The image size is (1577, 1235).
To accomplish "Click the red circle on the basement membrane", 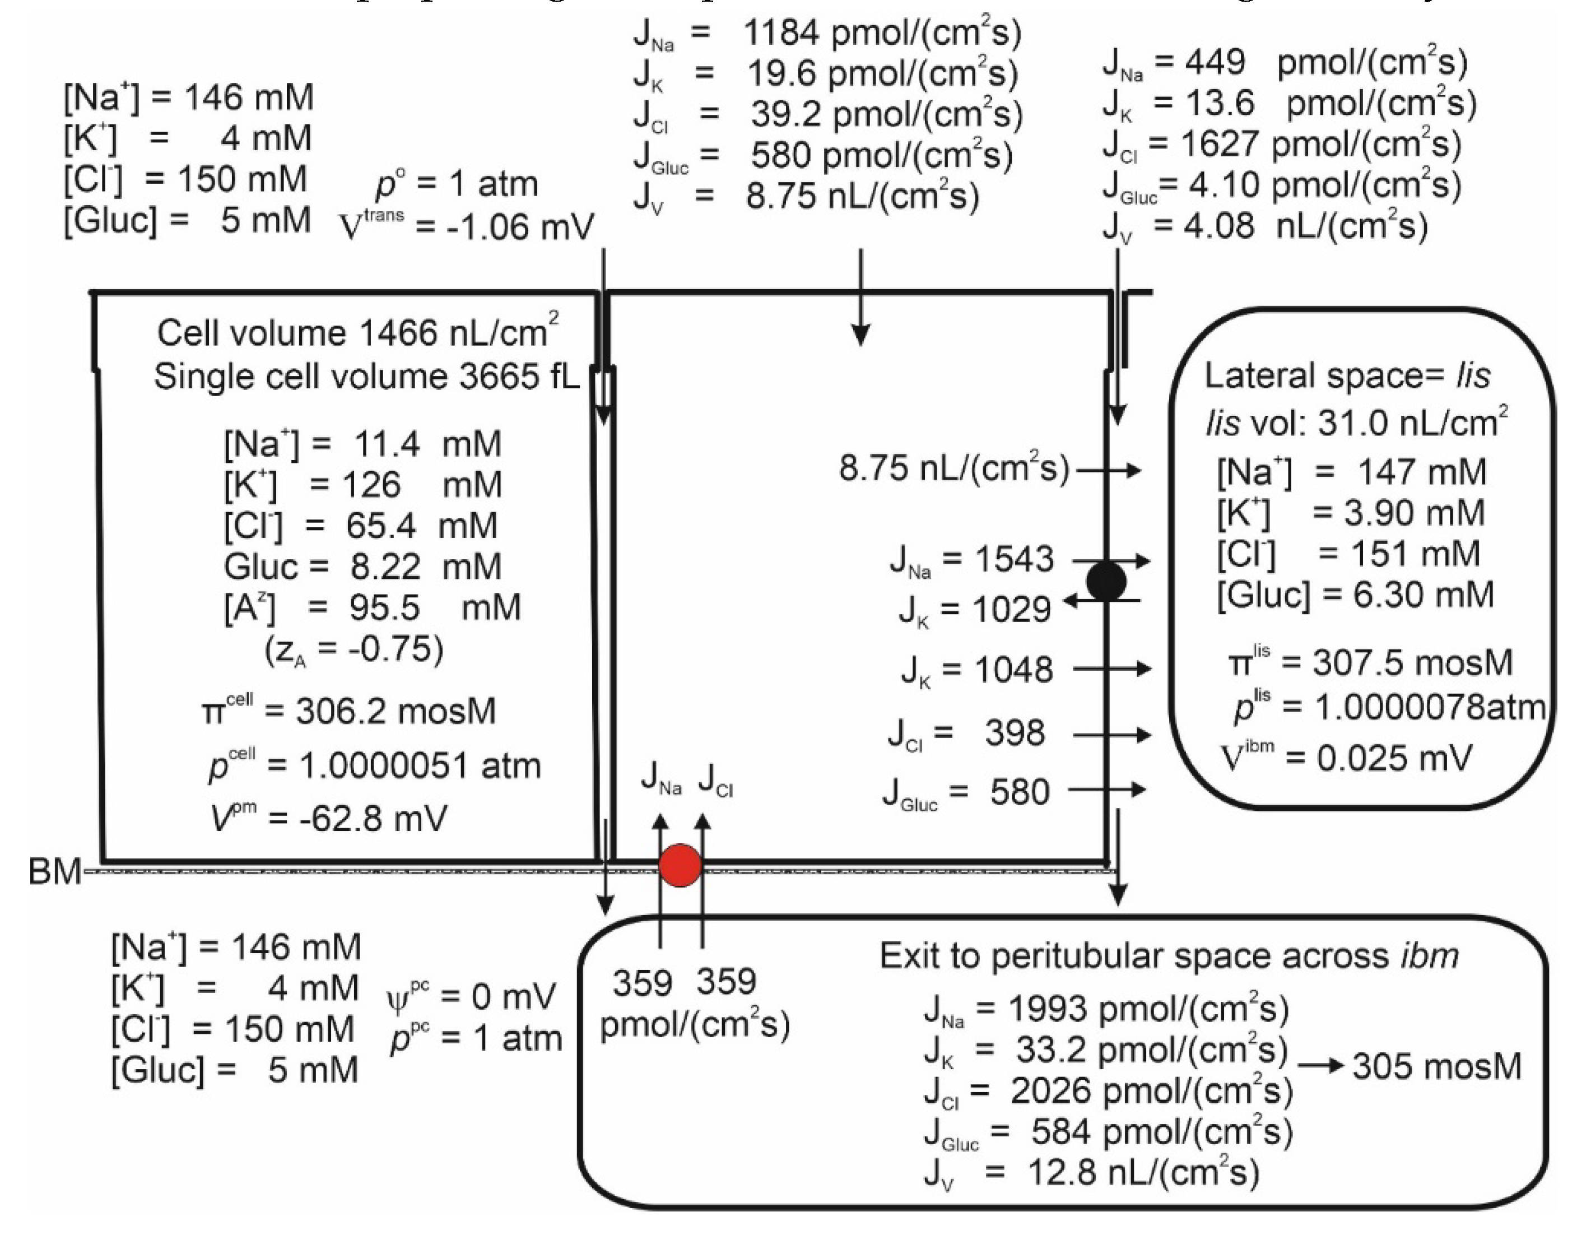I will (x=680, y=866).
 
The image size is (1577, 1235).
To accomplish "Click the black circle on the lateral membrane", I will (x=1106, y=581).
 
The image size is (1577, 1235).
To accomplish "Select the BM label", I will (x=54, y=872).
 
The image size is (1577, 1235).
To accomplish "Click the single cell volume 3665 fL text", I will (x=366, y=377).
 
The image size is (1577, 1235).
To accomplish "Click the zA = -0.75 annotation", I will (x=353, y=650).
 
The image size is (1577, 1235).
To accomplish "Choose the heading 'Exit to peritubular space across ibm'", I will (x=1169, y=956).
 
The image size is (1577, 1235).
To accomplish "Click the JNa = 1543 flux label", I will (x=972, y=560).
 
